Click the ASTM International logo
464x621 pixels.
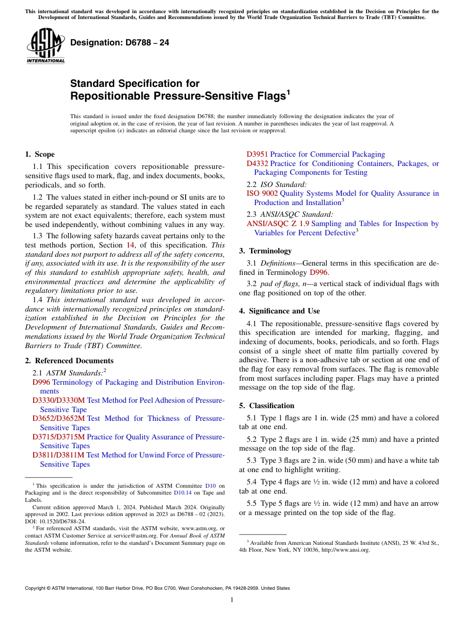(45, 46)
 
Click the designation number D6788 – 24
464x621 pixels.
(120, 42)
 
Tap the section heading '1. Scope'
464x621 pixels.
(40, 154)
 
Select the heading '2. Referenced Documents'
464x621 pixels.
(69, 361)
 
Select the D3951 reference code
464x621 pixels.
(257, 154)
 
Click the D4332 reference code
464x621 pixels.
(257, 164)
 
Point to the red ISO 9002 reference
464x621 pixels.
(262, 193)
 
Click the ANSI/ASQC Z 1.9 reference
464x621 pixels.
(278, 224)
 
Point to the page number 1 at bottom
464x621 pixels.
(232, 600)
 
